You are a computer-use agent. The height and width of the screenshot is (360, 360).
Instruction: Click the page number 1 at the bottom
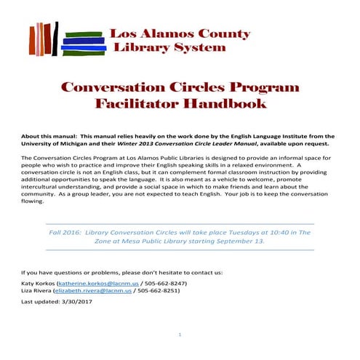click(180, 335)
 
